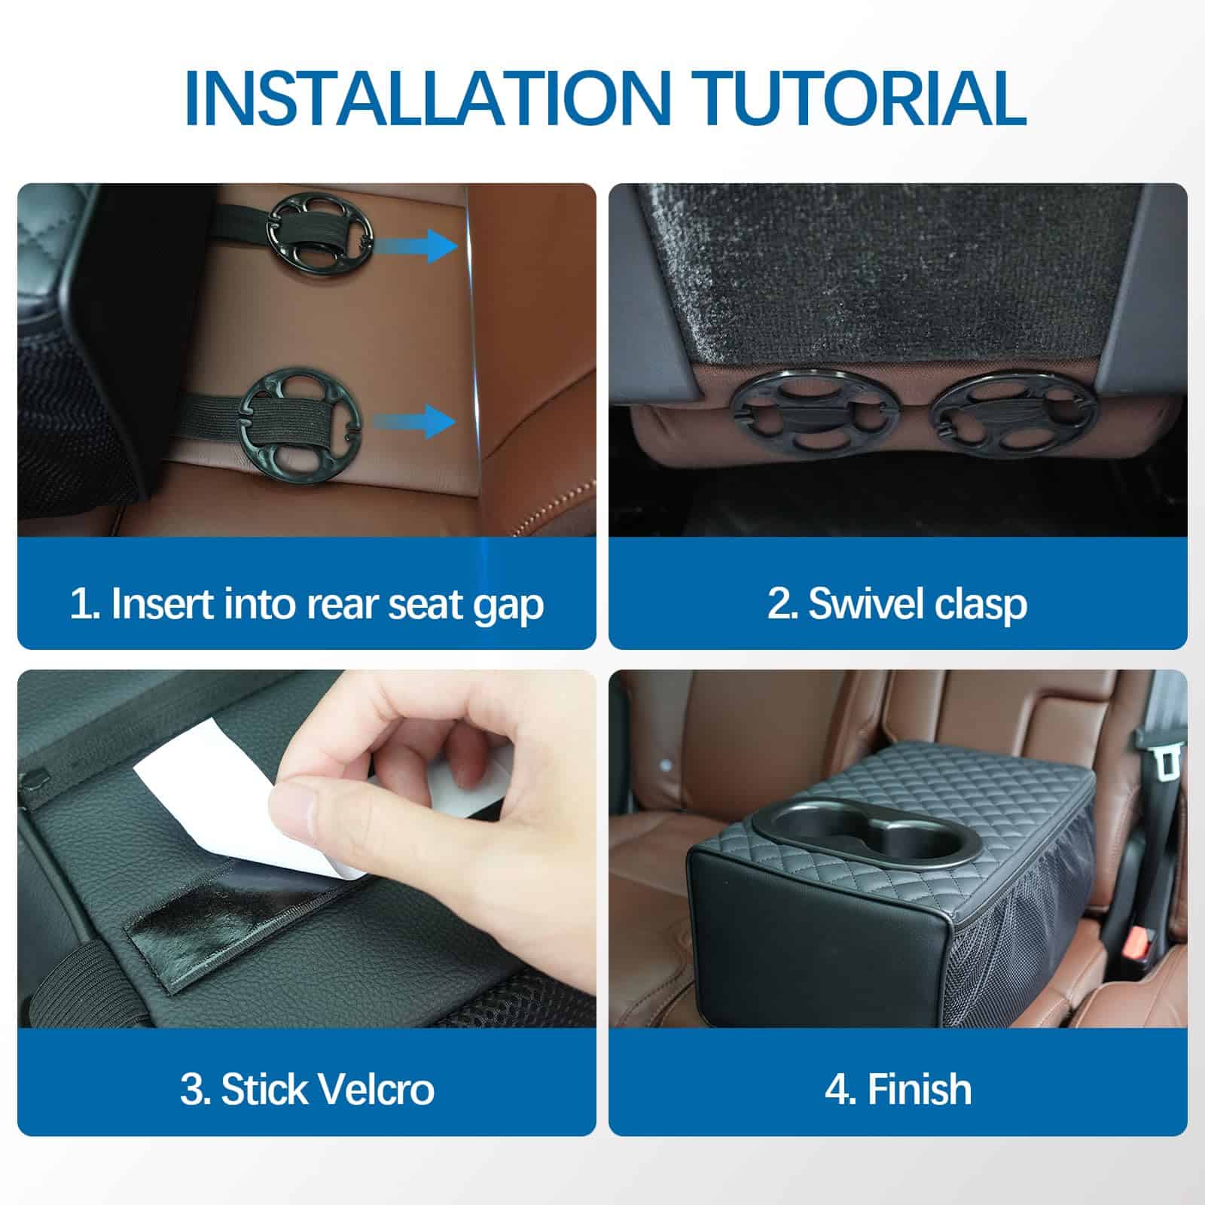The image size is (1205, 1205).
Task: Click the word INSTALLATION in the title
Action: coord(426,98)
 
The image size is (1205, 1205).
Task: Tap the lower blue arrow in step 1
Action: coord(415,421)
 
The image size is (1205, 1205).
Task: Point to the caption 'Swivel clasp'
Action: coord(917,604)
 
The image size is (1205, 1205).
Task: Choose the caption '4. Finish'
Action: coord(898,1089)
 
